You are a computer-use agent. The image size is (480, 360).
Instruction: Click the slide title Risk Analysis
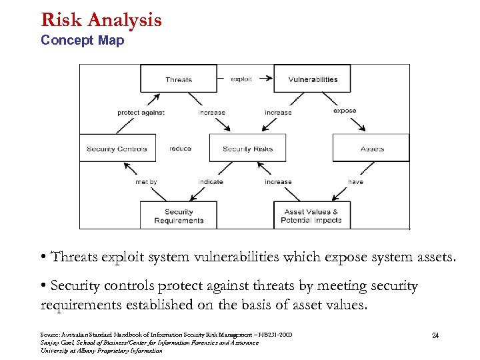[101, 19]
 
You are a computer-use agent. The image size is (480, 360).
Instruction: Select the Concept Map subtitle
[82, 41]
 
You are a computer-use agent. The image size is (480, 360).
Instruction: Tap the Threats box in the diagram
[178, 79]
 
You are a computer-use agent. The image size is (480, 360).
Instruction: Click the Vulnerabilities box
[312, 79]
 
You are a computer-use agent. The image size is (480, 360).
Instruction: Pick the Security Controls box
[117, 148]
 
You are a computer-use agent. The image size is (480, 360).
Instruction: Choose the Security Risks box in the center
[247, 148]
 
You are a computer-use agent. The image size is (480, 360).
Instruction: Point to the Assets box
[371, 148]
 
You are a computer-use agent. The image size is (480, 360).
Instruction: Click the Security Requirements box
[178, 216]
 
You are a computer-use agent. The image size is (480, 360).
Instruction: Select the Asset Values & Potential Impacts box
[311, 216]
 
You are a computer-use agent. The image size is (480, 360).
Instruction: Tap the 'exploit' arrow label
[241, 79]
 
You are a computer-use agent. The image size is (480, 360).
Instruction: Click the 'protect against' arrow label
[141, 113]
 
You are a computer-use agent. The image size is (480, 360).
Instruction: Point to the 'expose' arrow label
[345, 111]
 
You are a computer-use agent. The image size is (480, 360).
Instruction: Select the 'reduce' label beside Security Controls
[180, 149]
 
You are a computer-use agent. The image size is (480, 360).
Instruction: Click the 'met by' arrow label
[146, 181]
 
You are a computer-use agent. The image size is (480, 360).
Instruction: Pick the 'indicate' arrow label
[211, 181]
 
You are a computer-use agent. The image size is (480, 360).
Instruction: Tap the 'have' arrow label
[355, 181]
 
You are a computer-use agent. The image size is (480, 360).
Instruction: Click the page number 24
[435, 335]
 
